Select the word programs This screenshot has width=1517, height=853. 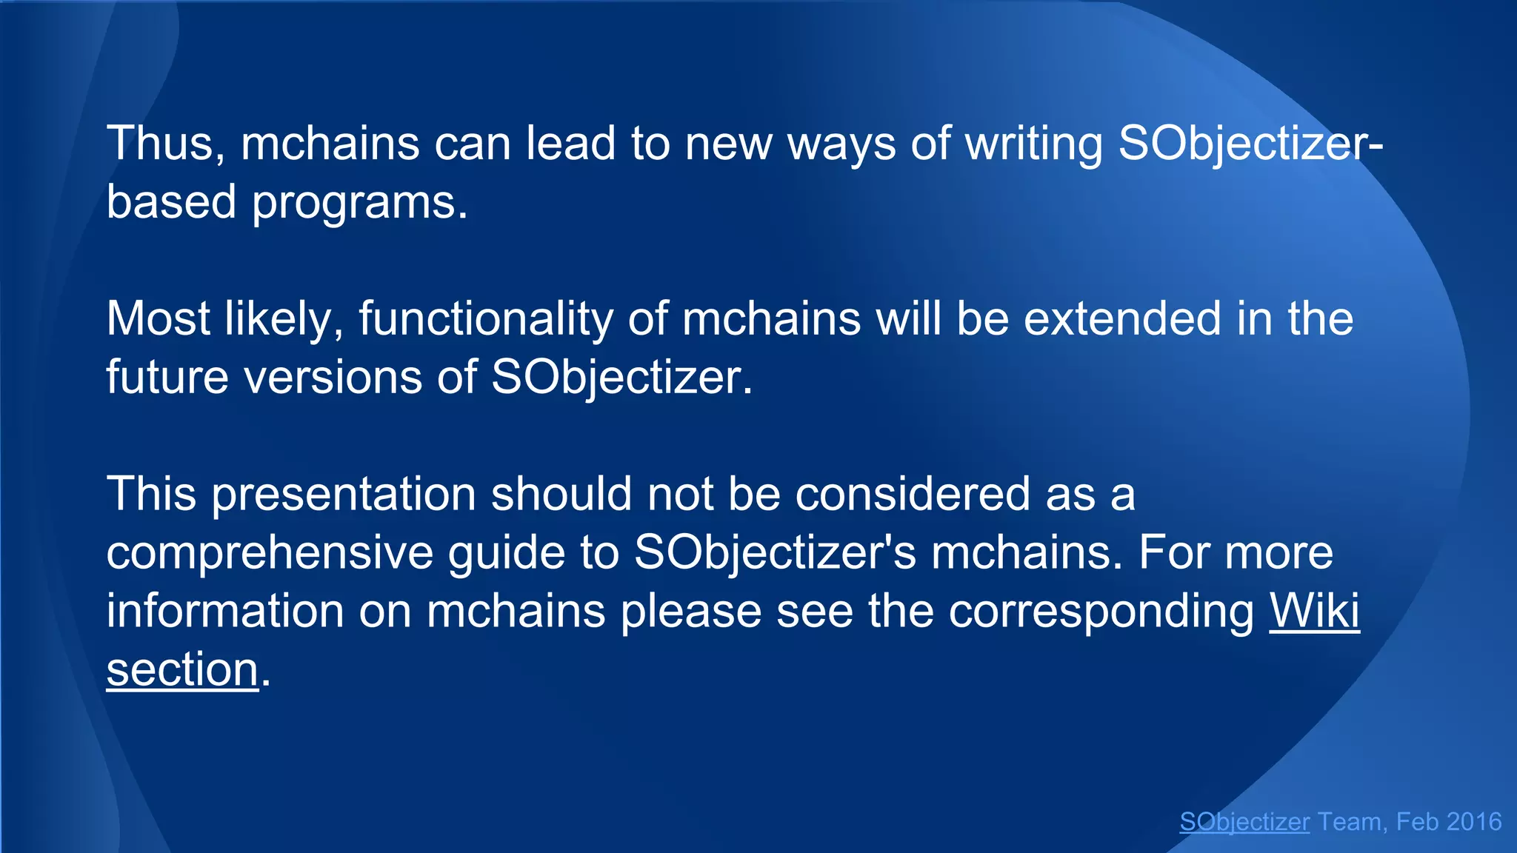[360, 201]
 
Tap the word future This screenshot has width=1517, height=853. [167, 377]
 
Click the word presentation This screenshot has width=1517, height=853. [344, 494]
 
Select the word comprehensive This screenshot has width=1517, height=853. [270, 552]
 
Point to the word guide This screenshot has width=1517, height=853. [507, 552]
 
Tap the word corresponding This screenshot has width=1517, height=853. [1101, 611]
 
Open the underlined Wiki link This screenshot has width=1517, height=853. [1315, 611]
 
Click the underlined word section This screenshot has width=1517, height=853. [182, 669]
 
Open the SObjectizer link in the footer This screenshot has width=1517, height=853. [1244, 822]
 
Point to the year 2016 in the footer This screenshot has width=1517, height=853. [1473, 822]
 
